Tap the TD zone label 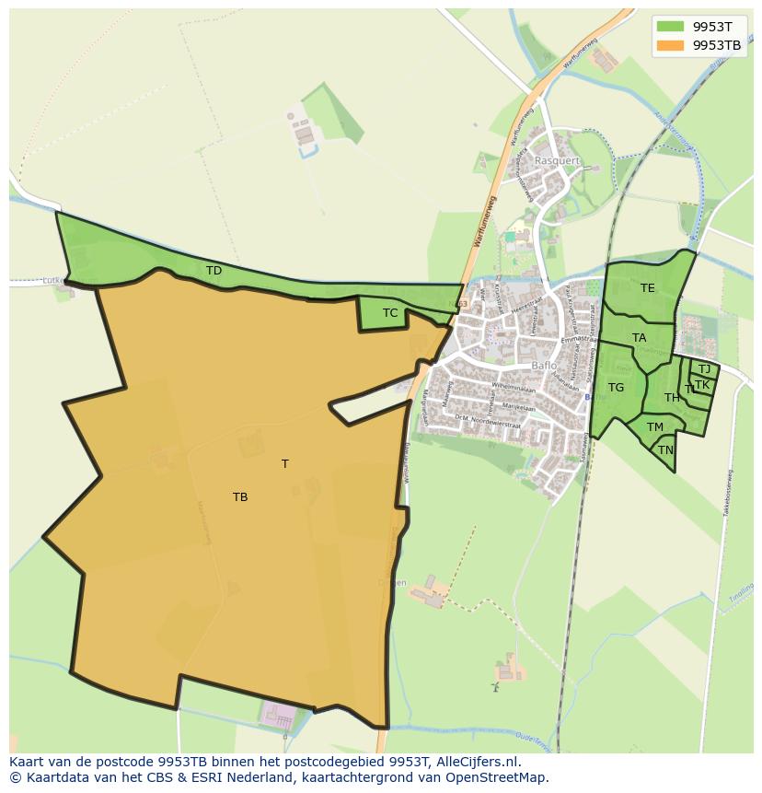point(214,271)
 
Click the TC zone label point(390,313)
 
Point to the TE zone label point(648,288)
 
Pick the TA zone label point(640,338)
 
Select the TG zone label point(617,388)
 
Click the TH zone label point(672,398)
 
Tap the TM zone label point(655,427)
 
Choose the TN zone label point(665,450)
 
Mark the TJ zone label point(704,369)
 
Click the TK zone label point(702,385)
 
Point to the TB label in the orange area point(240,497)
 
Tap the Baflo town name point(545,366)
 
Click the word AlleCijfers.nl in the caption point(475,763)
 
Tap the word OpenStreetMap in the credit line point(498,778)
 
